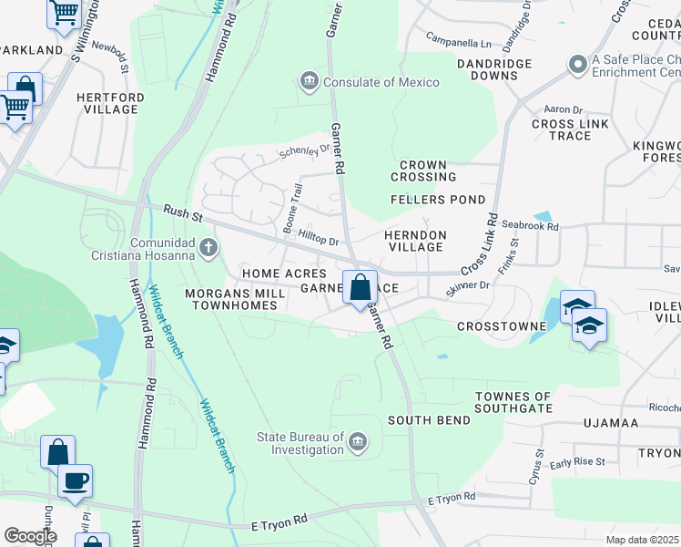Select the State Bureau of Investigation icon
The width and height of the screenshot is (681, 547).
358,443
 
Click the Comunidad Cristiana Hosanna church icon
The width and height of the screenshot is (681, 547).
208,247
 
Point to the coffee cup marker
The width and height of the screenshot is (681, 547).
75,480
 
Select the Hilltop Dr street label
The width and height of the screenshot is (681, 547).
319,238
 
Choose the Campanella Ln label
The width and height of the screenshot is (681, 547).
460,41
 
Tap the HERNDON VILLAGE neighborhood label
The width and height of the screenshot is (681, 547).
415,242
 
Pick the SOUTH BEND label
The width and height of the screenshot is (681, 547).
430,420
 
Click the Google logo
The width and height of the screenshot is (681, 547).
30,536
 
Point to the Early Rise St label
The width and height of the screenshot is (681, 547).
577,462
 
